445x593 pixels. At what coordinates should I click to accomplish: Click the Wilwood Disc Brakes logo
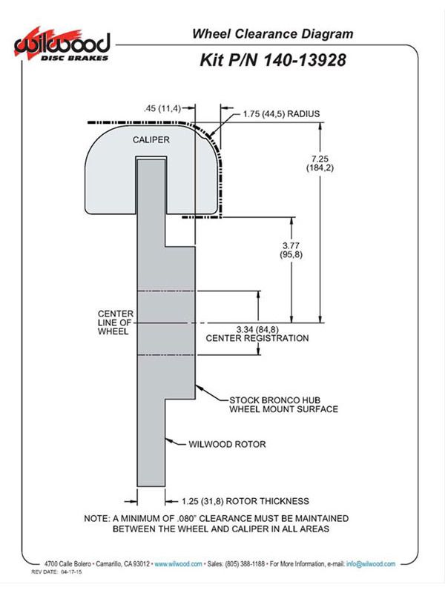tap(62, 44)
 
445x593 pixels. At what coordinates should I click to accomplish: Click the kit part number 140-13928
tap(304, 60)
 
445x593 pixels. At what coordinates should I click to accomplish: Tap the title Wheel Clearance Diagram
tap(272, 33)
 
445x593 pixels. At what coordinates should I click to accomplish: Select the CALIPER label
tap(151, 139)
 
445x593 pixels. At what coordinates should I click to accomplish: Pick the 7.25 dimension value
tap(320, 159)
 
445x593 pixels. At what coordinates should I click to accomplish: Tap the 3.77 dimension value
tap(291, 245)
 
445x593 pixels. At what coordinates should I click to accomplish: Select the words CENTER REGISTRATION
tap(257, 338)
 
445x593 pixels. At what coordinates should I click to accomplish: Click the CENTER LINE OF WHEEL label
tap(116, 322)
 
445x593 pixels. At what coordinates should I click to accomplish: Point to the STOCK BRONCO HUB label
tap(274, 400)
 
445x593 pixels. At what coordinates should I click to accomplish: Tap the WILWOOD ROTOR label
tap(227, 444)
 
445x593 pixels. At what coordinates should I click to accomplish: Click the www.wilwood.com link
tap(178, 564)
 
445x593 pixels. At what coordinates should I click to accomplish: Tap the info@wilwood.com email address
tap(371, 564)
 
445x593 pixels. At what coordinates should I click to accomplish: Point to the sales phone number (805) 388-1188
tap(245, 564)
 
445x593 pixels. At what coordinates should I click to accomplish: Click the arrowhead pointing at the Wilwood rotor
tap(169, 440)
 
